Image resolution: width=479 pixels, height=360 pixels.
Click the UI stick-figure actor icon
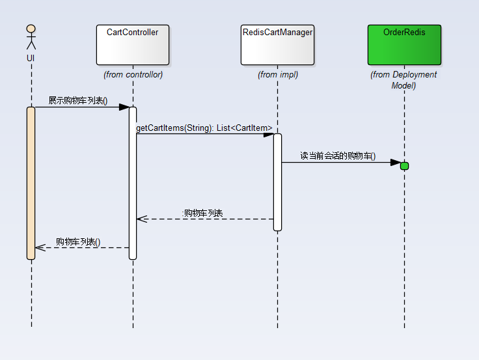click(x=31, y=37)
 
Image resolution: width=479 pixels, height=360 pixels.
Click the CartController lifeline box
click(x=133, y=45)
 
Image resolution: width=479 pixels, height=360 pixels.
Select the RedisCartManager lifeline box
click(x=277, y=45)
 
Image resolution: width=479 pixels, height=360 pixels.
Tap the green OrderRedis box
click(x=404, y=45)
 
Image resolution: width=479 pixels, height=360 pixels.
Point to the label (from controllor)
click(x=133, y=75)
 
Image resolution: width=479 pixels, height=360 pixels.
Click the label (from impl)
click(x=278, y=75)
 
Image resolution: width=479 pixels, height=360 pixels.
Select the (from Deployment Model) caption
click(x=404, y=80)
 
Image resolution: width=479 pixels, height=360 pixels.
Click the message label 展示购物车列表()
click(x=78, y=100)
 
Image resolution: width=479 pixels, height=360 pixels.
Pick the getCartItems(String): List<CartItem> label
click(x=204, y=128)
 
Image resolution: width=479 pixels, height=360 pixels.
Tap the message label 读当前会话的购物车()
click(x=338, y=156)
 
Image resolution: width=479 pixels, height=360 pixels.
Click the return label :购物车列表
click(x=202, y=213)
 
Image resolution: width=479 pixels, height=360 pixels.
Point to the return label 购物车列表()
click(x=78, y=242)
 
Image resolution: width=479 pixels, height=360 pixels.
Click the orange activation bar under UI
click(x=31, y=183)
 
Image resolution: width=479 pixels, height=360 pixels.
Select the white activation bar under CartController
click(x=133, y=183)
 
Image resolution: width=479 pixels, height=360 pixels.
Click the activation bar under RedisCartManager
click(x=277, y=182)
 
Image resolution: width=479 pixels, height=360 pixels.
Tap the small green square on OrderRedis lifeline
click(x=404, y=166)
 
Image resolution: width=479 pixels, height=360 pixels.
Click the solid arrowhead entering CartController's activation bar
click(x=124, y=107)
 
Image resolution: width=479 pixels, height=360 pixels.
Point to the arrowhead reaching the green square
click(x=396, y=162)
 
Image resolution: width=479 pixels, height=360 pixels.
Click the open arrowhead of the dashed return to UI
click(x=40, y=247)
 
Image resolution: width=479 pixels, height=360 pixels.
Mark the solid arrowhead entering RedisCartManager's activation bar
click(x=269, y=135)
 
